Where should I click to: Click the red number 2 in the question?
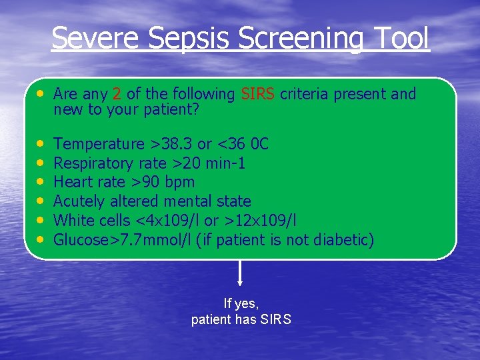(117, 94)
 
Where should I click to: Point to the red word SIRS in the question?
(258, 94)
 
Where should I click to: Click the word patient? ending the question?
(171, 109)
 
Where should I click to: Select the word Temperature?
(99, 144)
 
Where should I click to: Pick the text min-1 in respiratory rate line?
(226, 163)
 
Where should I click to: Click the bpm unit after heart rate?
(181, 182)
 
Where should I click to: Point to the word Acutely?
(77, 201)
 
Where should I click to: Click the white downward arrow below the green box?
(240, 273)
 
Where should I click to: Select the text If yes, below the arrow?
(241, 304)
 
